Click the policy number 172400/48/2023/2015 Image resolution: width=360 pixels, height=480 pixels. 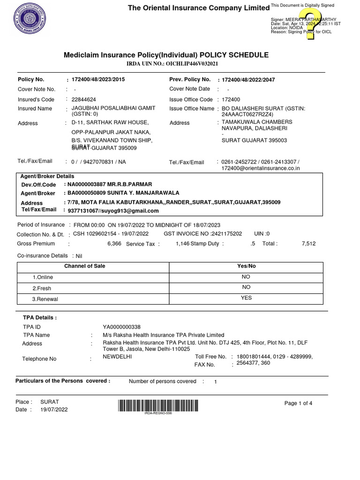[x=98, y=80]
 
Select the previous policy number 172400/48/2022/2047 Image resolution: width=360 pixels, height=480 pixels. [x=248, y=80]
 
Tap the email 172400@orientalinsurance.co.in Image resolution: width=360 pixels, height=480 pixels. [x=261, y=168]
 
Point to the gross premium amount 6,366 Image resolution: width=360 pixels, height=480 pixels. [x=114, y=244]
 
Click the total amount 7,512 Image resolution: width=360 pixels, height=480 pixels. [x=309, y=244]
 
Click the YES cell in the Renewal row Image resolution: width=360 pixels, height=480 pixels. [x=246, y=298]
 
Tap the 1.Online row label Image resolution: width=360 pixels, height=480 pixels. [x=43, y=277]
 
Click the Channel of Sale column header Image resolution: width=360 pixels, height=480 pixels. [x=84, y=266]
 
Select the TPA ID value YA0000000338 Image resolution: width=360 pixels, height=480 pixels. [x=121, y=327]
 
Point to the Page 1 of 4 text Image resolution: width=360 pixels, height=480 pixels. [x=298, y=404]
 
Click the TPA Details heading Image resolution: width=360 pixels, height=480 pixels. [x=40, y=318]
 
